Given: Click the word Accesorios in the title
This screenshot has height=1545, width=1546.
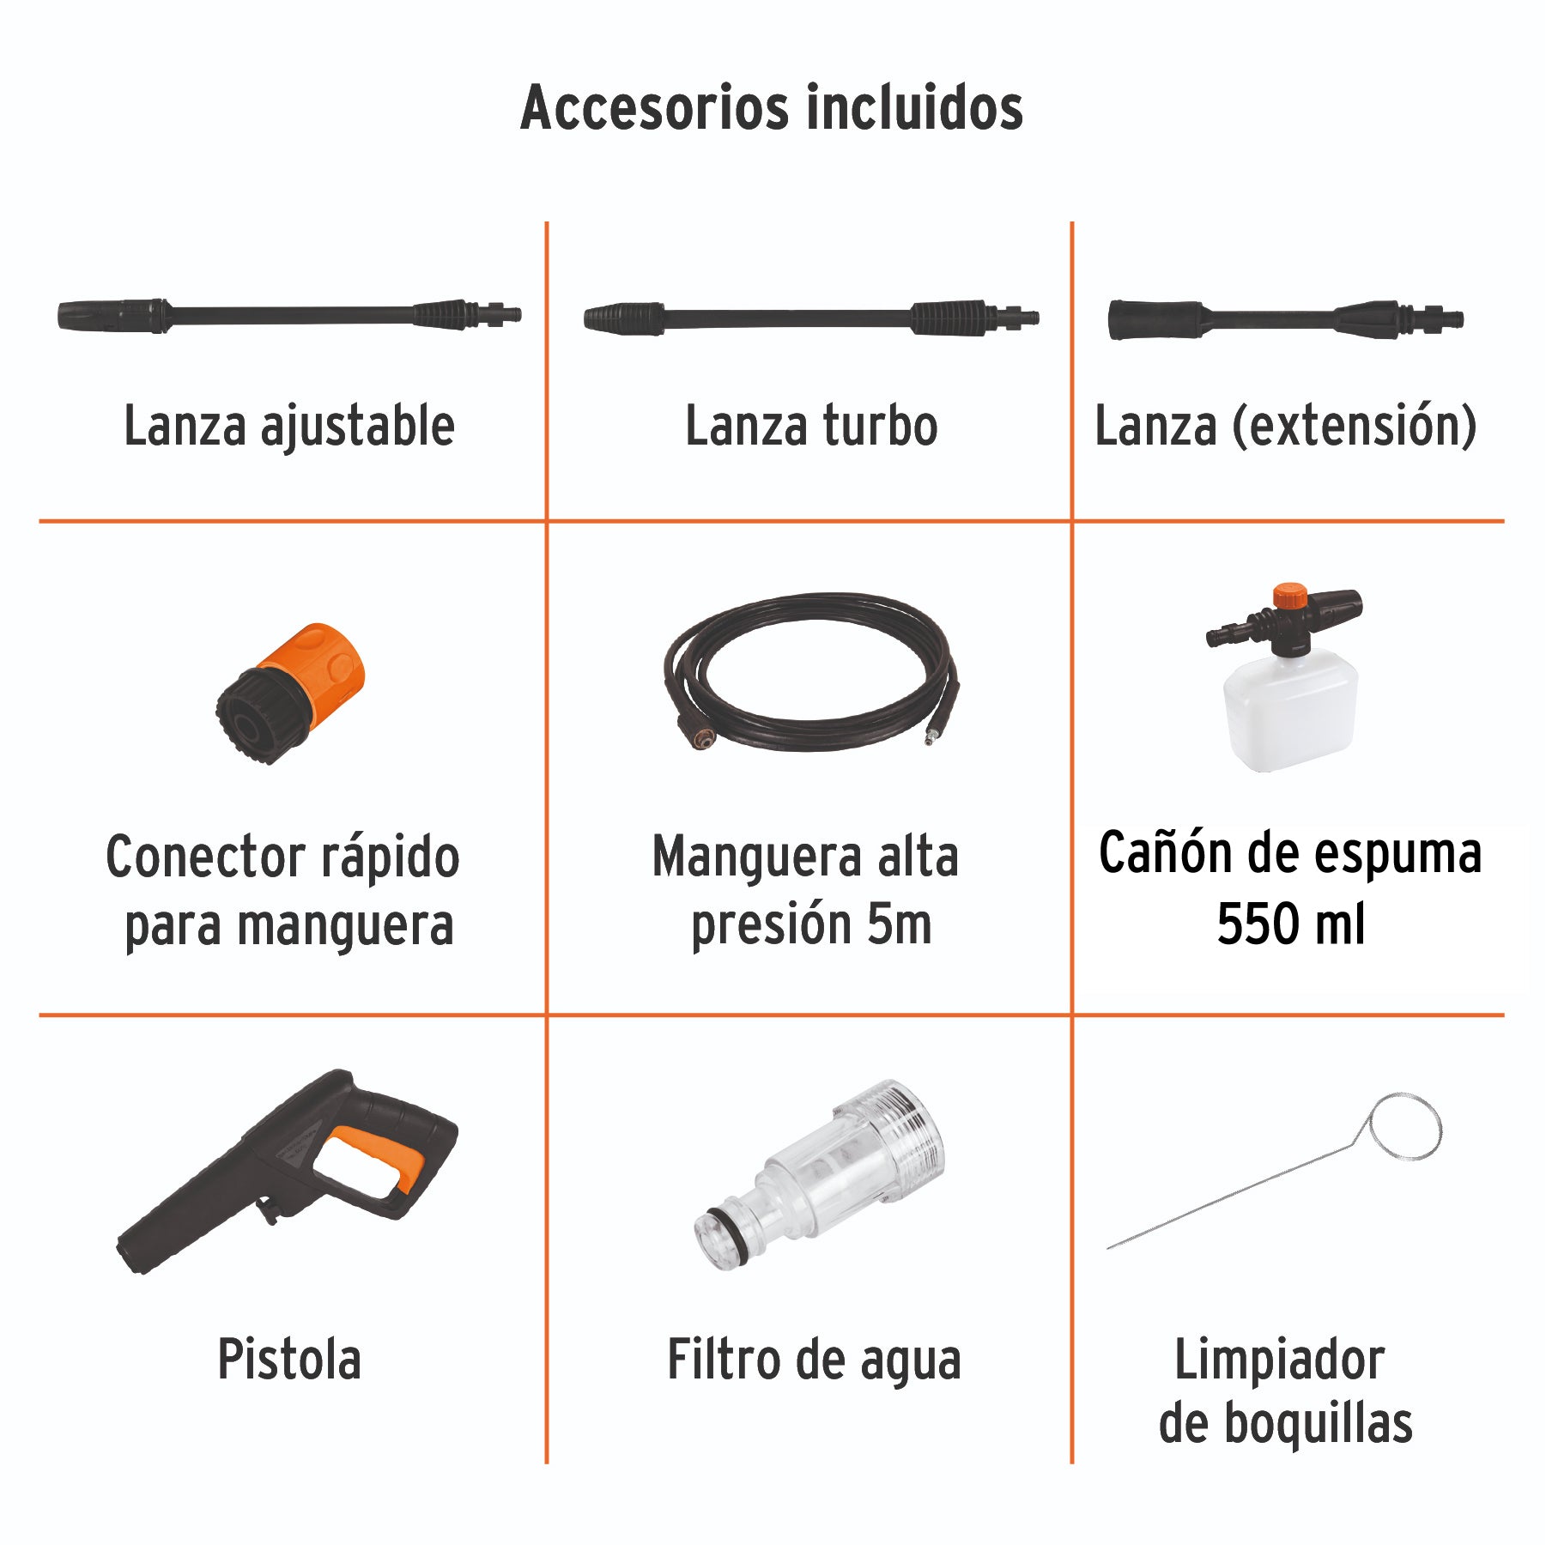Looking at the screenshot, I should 654,108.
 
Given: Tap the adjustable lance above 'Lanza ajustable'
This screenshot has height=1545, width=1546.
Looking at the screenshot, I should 289,315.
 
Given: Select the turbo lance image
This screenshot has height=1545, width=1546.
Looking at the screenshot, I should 810,318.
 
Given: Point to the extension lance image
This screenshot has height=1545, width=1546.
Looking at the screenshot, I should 1285,319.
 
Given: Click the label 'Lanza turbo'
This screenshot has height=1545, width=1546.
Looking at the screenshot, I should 811,426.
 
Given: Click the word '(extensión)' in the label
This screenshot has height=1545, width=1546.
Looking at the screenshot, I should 1355,426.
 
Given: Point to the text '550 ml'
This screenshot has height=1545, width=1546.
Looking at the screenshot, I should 1290,924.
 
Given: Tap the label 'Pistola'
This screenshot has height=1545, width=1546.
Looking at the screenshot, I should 289,1360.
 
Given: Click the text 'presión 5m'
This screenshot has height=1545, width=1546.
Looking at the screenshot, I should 811,924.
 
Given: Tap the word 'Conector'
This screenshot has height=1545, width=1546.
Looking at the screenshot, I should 205,857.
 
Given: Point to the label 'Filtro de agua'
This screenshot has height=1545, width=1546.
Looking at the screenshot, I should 814,1360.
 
